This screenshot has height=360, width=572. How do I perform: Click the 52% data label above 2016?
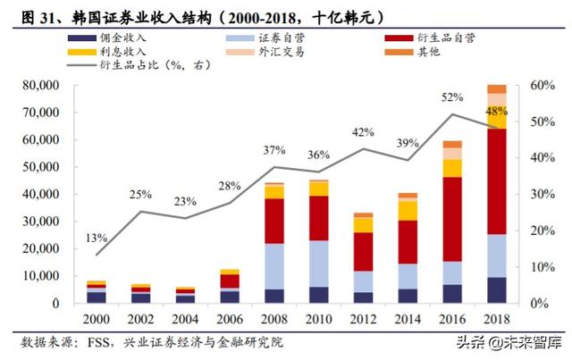coord(451,97)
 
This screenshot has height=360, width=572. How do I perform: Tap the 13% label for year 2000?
coord(97,239)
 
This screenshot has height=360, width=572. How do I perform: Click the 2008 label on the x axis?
coord(273,319)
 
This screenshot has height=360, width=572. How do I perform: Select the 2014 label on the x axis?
coord(408,319)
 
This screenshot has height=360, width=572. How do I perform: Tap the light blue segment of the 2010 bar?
coord(318,264)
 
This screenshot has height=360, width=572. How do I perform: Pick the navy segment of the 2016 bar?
coord(452,294)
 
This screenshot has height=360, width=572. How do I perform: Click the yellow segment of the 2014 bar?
coord(408,210)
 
